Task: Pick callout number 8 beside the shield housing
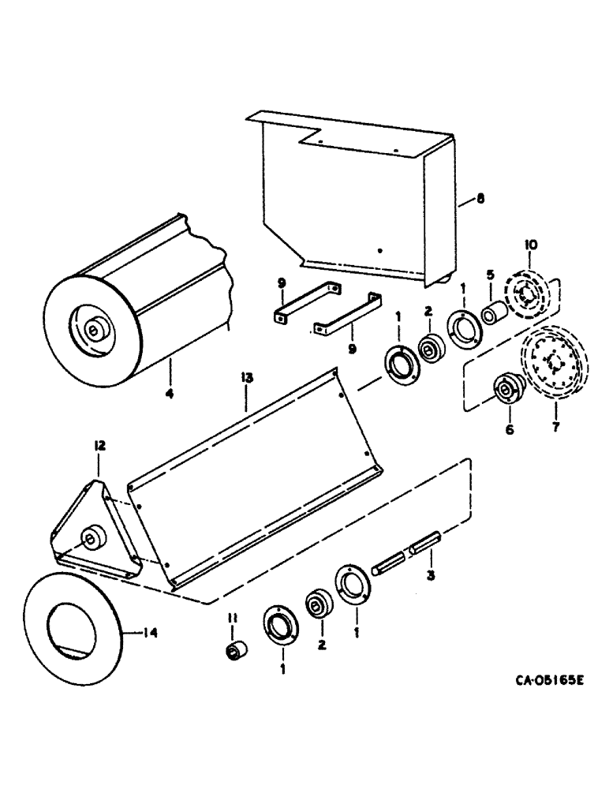pos(481,200)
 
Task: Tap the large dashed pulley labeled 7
pos(551,364)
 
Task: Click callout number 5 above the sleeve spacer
pos(490,275)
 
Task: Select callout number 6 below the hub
pos(509,429)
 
